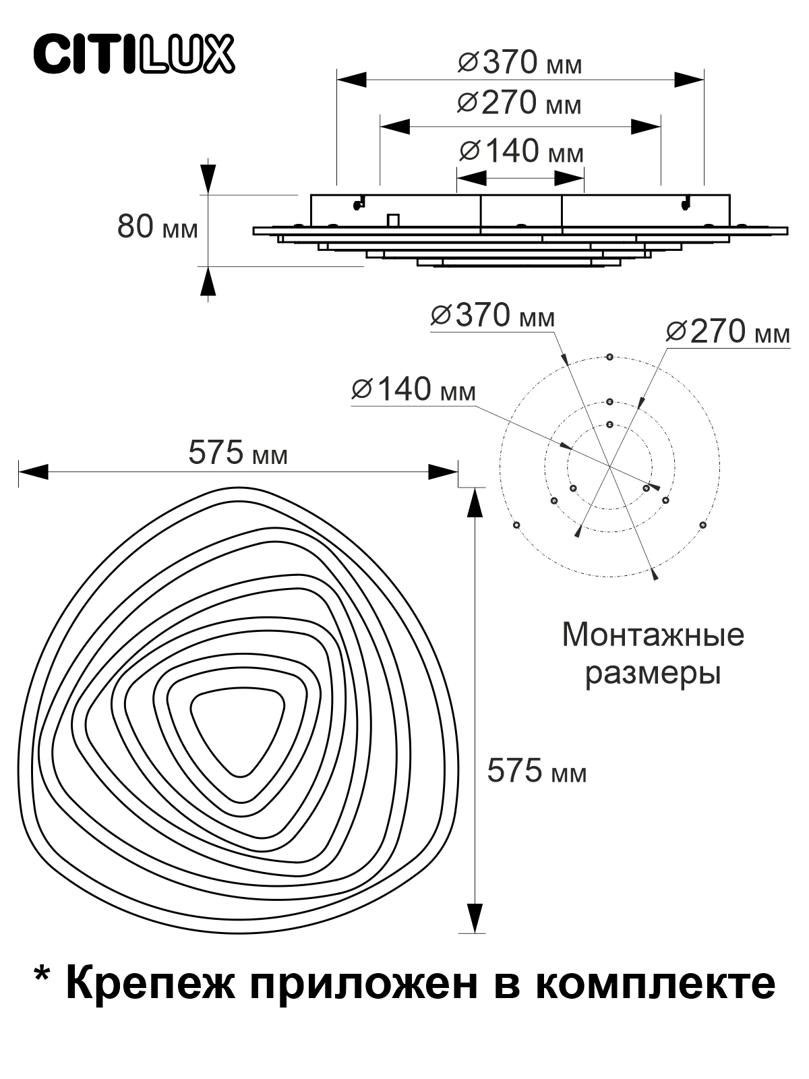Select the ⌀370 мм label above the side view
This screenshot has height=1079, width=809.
(x=520, y=63)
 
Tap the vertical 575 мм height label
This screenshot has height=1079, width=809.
(x=537, y=770)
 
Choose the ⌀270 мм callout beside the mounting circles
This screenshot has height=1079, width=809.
(x=728, y=332)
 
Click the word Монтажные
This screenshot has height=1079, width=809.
(x=653, y=636)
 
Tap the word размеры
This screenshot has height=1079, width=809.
(x=653, y=674)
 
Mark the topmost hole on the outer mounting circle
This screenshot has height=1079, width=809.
(x=609, y=357)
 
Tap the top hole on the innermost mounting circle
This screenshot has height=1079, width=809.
(x=610, y=424)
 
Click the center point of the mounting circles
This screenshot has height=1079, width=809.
(x=609, y=467)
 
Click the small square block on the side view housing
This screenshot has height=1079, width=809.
(x=393, y=220)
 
